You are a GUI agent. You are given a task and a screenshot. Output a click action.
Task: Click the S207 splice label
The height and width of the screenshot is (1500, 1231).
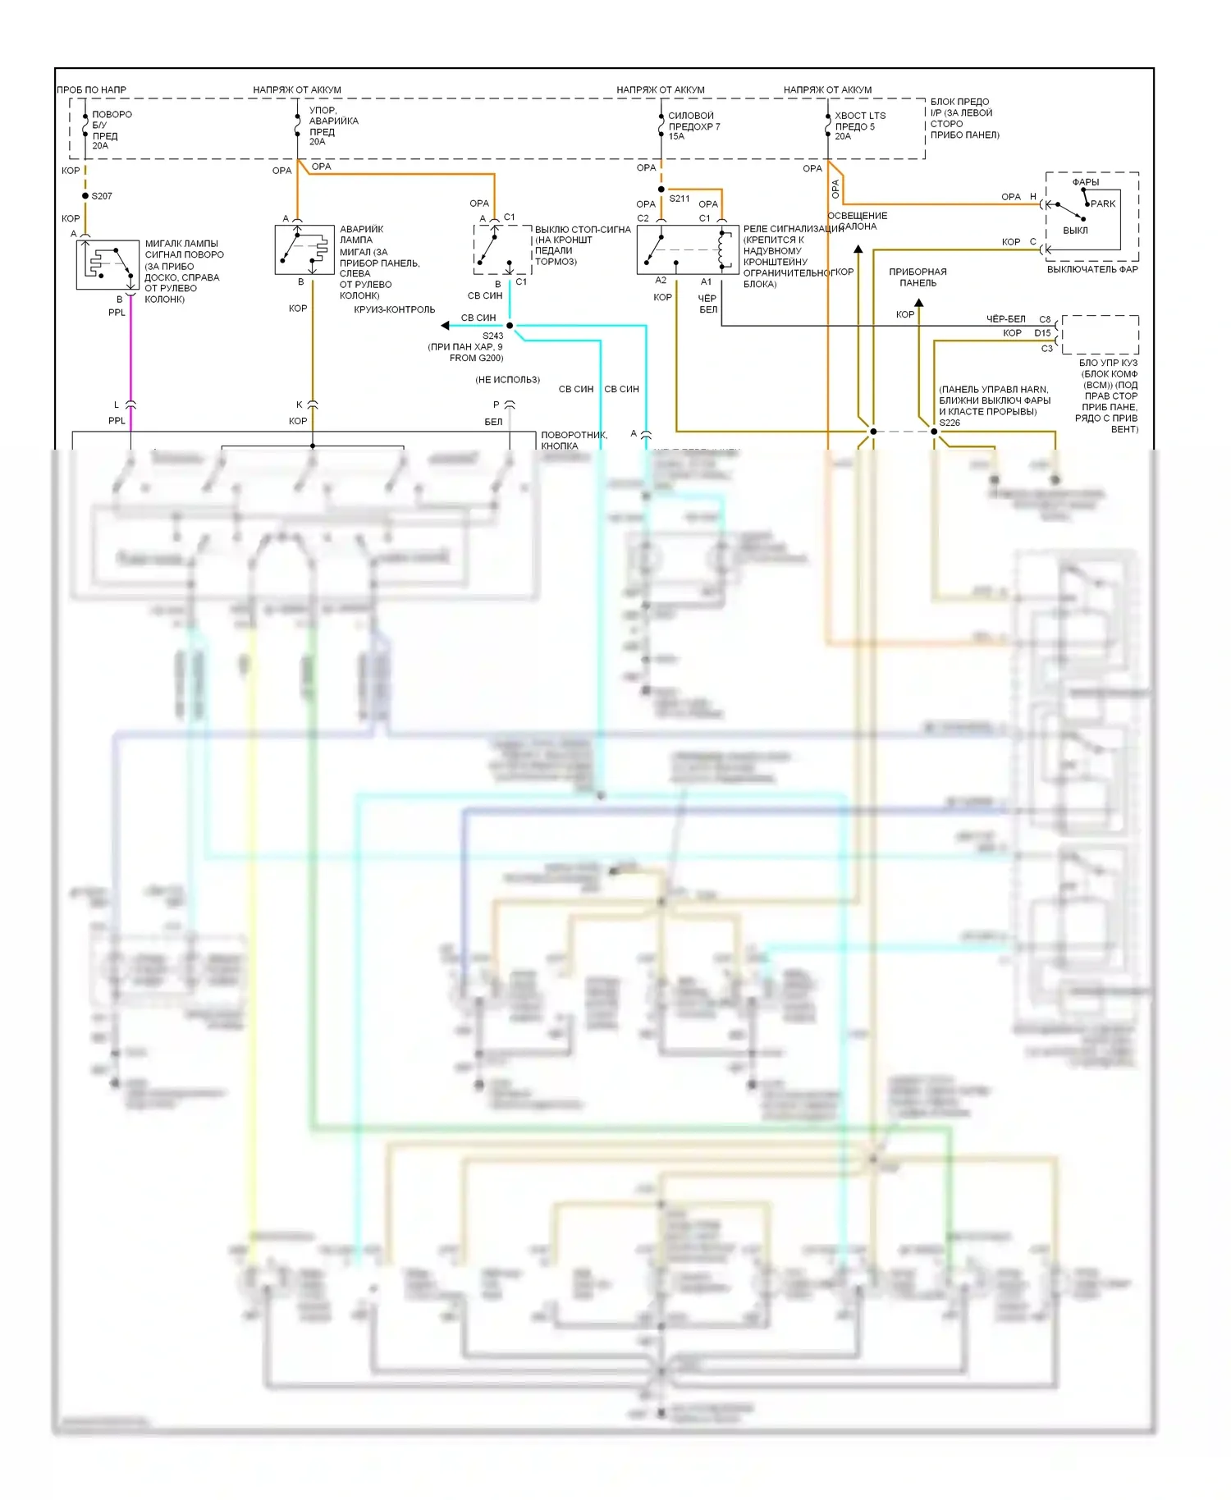(102, 196)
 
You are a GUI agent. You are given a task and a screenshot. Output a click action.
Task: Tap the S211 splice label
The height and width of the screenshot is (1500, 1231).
(679, 199)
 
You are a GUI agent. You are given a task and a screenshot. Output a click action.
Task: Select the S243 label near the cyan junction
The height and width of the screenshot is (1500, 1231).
(492, 336)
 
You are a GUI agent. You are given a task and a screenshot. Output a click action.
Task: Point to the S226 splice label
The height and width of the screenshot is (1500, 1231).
(950, 423)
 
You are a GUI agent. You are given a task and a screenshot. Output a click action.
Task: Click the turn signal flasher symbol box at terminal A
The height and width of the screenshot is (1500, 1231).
(108, 265)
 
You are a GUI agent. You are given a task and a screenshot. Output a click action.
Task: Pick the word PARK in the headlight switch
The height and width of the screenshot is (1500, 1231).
(1103, 204)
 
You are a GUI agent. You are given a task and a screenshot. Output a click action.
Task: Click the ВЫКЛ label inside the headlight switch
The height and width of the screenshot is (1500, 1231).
(1075, 231)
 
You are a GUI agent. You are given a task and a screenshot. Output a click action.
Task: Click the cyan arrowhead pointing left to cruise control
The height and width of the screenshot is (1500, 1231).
(445, 326)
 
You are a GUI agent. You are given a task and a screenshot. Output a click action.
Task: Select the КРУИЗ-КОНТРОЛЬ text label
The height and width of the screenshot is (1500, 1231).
(395, 309)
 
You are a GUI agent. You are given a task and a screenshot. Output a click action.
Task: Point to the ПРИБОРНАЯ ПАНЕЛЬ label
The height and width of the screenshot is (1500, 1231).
(918, 277)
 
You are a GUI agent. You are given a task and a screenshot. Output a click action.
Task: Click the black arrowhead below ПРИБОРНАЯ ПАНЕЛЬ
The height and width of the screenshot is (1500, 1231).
(919, 303)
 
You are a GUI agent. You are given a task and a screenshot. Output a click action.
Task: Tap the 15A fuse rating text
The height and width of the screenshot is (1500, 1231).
(676, 136)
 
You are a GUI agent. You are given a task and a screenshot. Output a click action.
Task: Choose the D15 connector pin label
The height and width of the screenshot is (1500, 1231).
(1042, 333)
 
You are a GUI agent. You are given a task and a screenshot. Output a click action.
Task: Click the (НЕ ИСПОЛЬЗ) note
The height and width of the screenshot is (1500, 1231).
(507, 380)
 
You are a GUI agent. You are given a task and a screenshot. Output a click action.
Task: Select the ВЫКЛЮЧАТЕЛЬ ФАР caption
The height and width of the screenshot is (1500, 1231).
(1091, 269)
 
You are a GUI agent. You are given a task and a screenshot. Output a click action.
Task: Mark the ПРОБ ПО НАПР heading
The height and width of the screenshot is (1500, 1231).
(91, 89)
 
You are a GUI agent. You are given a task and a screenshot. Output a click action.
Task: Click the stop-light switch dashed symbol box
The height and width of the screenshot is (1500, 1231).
(502, 249)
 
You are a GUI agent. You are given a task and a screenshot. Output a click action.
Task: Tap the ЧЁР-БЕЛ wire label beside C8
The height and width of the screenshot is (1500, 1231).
(1005, 319)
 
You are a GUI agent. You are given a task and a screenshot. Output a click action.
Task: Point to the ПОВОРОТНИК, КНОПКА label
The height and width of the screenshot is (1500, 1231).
(574, 441)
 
